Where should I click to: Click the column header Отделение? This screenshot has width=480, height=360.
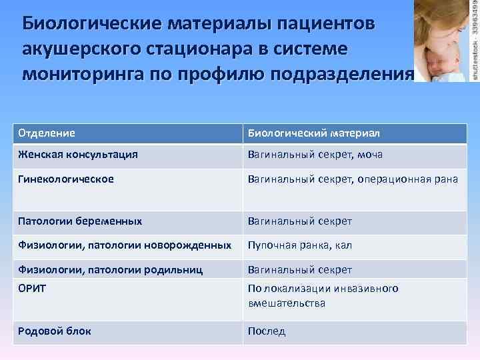coord(46,133)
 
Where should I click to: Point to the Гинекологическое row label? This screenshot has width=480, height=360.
coord(65,179)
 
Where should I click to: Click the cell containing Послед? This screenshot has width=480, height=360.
coord(267,331)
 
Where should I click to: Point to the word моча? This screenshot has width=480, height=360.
coord(369,155)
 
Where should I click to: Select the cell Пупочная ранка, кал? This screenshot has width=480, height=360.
coord(299,245)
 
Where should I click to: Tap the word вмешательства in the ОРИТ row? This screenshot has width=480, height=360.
coord(287,303)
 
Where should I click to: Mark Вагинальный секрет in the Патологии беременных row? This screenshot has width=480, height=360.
coord(299,221)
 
